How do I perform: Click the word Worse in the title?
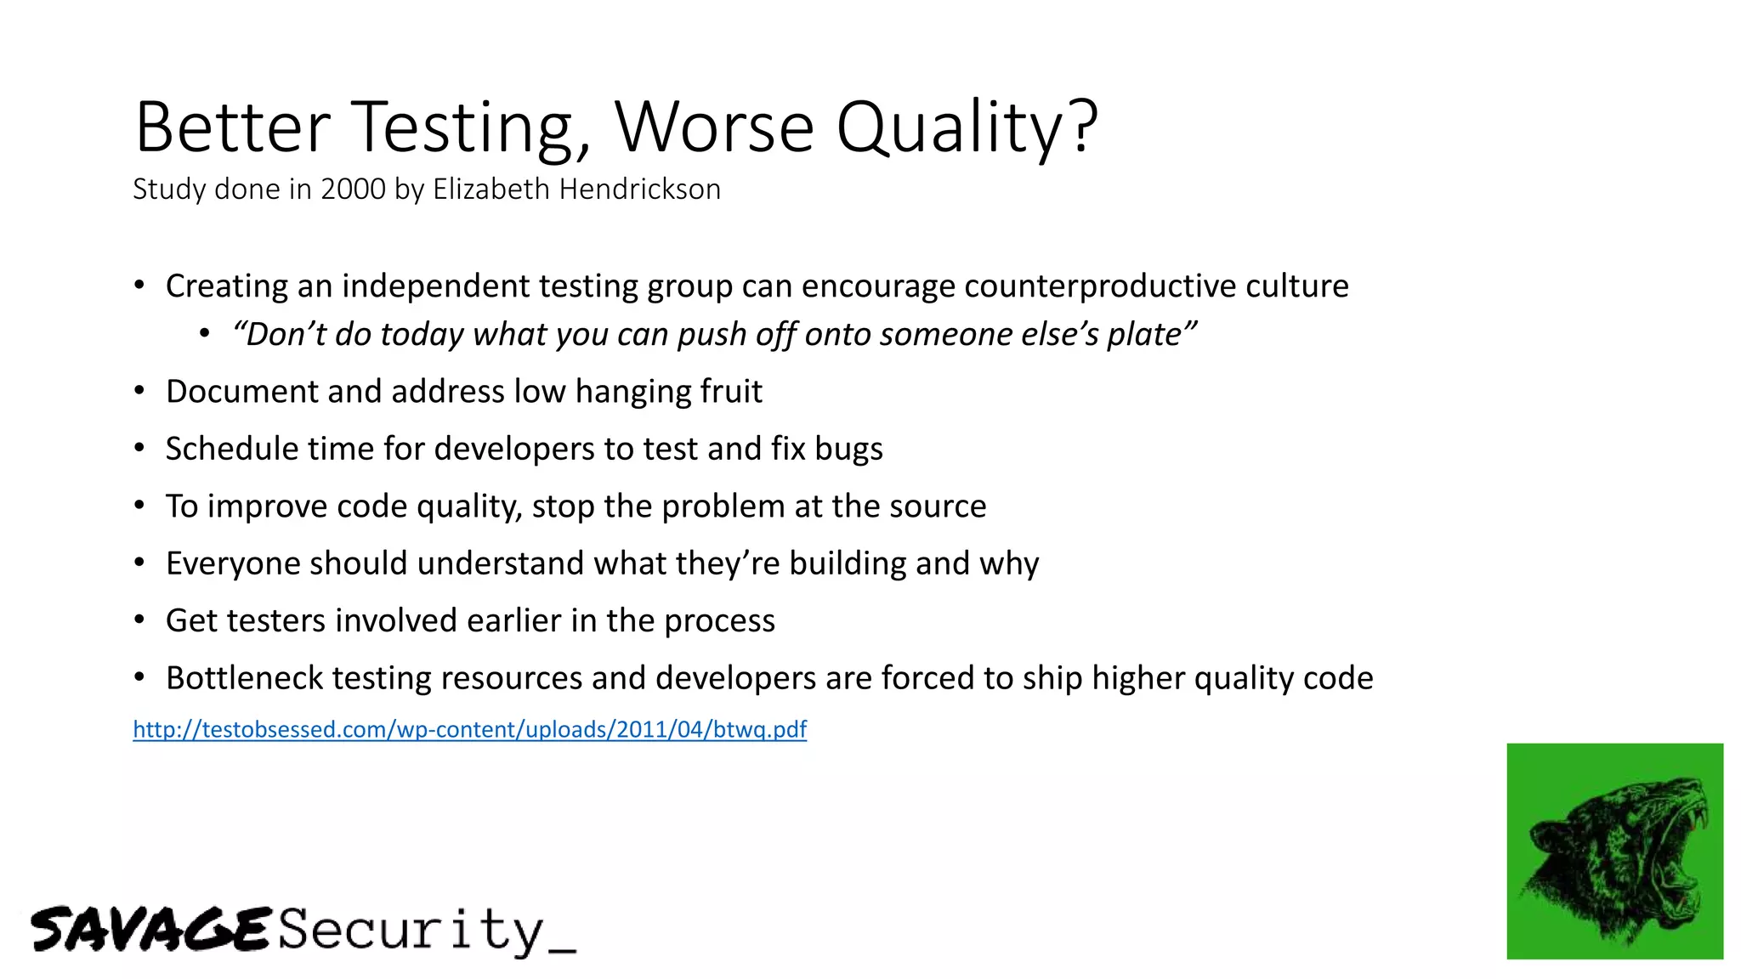714,127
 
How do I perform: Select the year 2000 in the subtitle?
353,189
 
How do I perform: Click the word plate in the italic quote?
1148,335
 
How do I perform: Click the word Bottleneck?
245,678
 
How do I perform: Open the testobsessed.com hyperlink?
469,729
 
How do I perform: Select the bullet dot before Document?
140,392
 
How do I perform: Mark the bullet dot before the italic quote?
205,335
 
